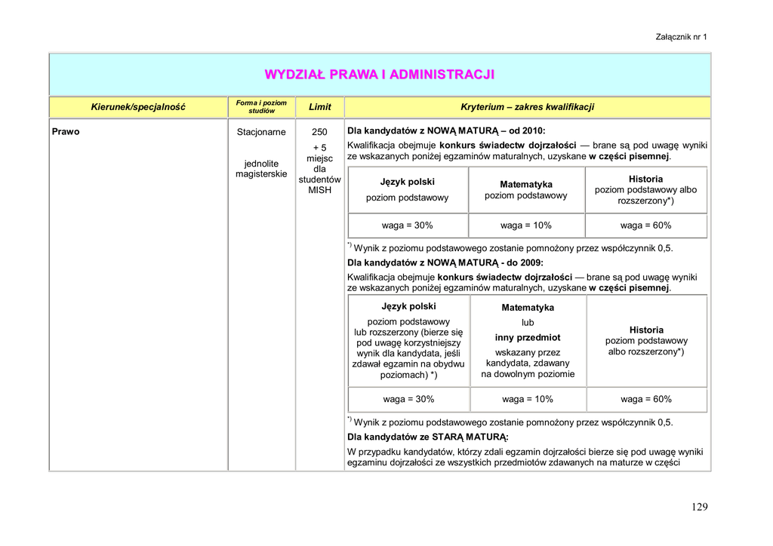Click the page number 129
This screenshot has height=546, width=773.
point(699,507)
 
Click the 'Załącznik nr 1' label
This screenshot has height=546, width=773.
point(682,37)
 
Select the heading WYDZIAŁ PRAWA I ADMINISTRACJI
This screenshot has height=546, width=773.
point(380,74)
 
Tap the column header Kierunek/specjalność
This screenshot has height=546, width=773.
point(138,107)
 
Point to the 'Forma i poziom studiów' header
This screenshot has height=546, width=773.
point(261,107)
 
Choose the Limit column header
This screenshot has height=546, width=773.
point(319,107)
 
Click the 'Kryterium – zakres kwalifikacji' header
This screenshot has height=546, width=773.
point(527,107)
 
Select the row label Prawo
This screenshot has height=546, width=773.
point(66,131)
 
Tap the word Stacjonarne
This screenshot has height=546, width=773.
point(261,132)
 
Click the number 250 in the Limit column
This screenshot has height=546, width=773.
point(319,132)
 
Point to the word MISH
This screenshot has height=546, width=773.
point(319,190)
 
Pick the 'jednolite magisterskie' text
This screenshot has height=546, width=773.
point(261,169)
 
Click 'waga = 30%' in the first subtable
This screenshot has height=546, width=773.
point(407,225)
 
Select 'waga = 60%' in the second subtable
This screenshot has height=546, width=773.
point(646,399)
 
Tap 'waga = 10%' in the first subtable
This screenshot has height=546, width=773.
point(525,225)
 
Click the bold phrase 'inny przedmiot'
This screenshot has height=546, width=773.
point(528,337)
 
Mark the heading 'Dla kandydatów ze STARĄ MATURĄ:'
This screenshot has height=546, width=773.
point(427,437)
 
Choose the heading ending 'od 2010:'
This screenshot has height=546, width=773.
point(445,130)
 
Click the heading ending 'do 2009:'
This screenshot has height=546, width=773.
point(445,263)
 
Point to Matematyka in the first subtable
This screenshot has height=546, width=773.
point(525,184)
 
